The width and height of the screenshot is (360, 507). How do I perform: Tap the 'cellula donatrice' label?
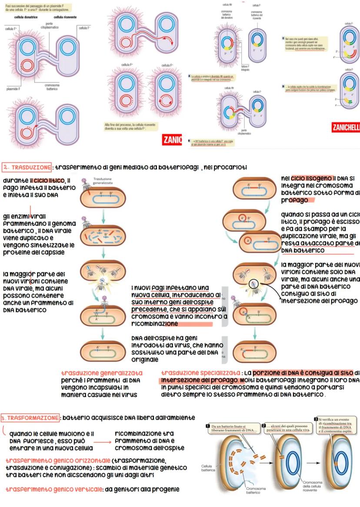tap(27, 17)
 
